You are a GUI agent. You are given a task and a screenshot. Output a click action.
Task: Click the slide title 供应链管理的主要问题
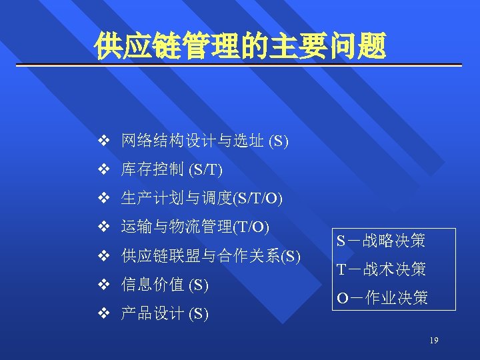(x=240, y=46)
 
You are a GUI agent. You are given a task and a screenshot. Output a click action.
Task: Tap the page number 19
(x=434, y=341)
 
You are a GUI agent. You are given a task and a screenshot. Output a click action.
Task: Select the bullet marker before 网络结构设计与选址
(x=103, y=141)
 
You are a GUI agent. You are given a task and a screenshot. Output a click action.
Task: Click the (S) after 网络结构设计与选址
(x=278, y=141)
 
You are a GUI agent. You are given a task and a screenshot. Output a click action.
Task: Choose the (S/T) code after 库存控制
(x=205, y=170)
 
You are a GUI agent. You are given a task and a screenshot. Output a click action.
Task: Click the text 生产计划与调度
(x=176, y=198)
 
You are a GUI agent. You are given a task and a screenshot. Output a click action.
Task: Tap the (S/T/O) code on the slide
(x=257, y=199)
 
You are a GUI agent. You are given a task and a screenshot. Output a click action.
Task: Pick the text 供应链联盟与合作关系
(x=201, y=256)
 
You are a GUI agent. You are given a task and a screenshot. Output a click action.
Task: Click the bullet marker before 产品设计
(x=103, y=313)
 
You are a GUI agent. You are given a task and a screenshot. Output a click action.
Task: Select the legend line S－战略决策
(x=381, y=241)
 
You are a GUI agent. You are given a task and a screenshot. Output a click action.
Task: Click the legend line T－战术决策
(x=381, y=269)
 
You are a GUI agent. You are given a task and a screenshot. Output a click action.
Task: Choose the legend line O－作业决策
(x=382, y=298)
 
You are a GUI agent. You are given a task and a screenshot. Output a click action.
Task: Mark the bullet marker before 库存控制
(x=103, y=169)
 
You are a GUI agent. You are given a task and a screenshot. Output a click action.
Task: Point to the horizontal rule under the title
(x=240, y=65)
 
